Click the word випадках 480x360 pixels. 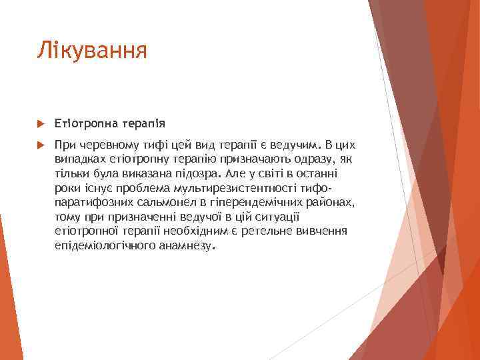click(79, 159)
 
